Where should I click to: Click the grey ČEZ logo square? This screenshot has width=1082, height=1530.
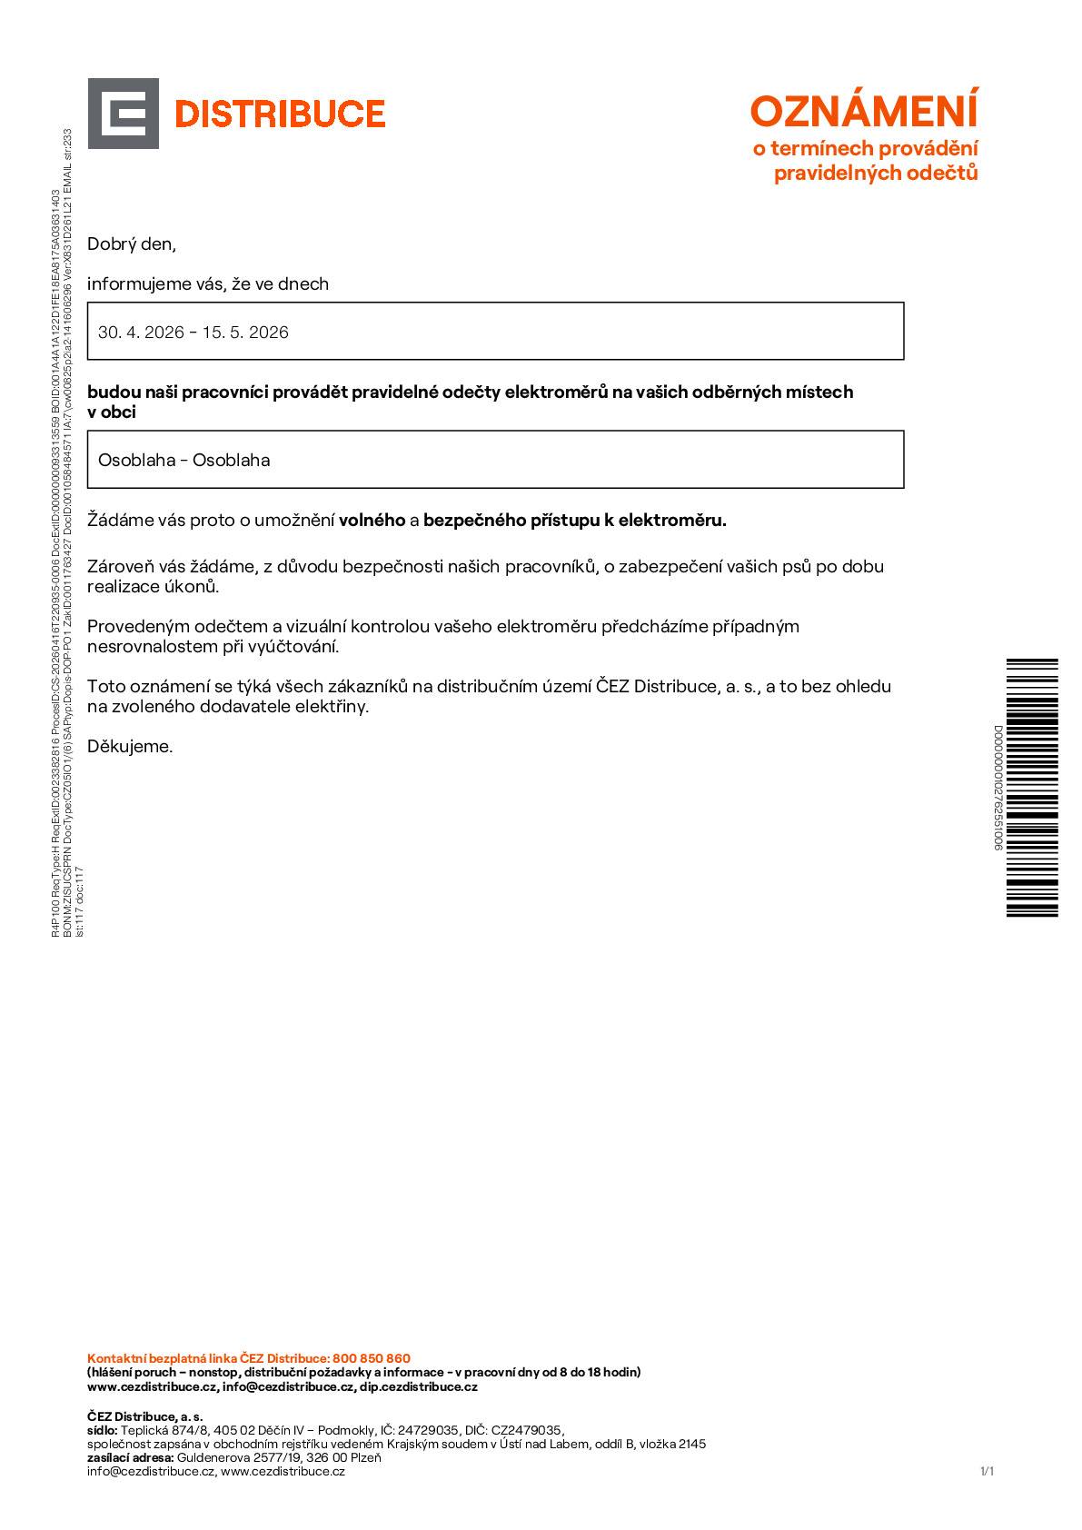tap(124, 114)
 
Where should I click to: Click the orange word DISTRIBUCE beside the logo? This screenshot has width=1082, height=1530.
tap(279, 114)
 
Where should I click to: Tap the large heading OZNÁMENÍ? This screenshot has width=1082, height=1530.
tap(864, 112)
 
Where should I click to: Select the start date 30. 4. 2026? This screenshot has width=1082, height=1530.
tap(141, 333)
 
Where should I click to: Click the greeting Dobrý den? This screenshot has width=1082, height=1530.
tap(131, 244)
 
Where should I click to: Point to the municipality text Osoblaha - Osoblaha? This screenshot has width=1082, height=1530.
tap(184, 460)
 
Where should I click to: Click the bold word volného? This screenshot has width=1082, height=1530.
tap(372, 521)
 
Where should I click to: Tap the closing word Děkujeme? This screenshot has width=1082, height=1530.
tap(130, 747)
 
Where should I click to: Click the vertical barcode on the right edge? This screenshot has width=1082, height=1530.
tap(1032, 787)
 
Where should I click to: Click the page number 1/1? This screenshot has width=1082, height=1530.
tap(988, 1471)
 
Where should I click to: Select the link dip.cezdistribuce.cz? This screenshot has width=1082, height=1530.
tap(418, 1387)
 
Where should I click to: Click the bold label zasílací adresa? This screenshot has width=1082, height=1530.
tap(130, 1457)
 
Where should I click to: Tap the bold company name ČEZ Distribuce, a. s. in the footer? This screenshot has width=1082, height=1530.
tap(145, 1416)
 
